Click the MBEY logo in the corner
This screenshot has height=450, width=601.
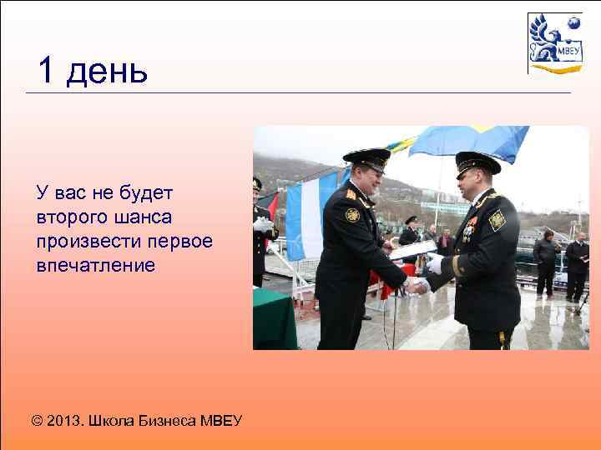554,43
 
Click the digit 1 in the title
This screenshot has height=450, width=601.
47,72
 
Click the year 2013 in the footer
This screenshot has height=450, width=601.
65,420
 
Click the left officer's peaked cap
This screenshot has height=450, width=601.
367,157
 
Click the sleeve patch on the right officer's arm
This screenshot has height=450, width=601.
497,220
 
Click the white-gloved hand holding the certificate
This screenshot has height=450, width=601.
434,263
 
